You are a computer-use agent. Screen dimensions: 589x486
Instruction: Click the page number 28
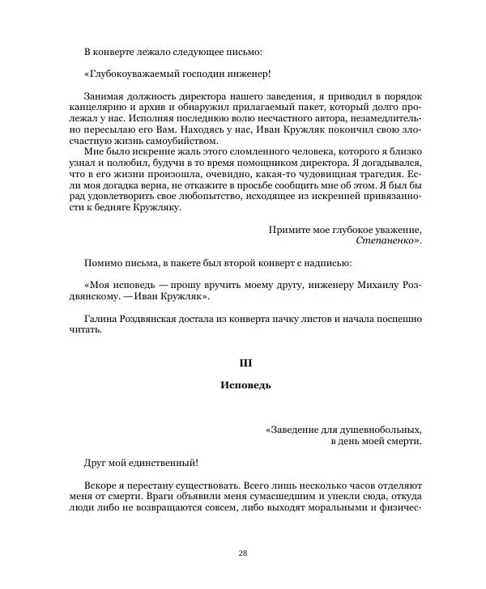(x=243, y=553)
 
